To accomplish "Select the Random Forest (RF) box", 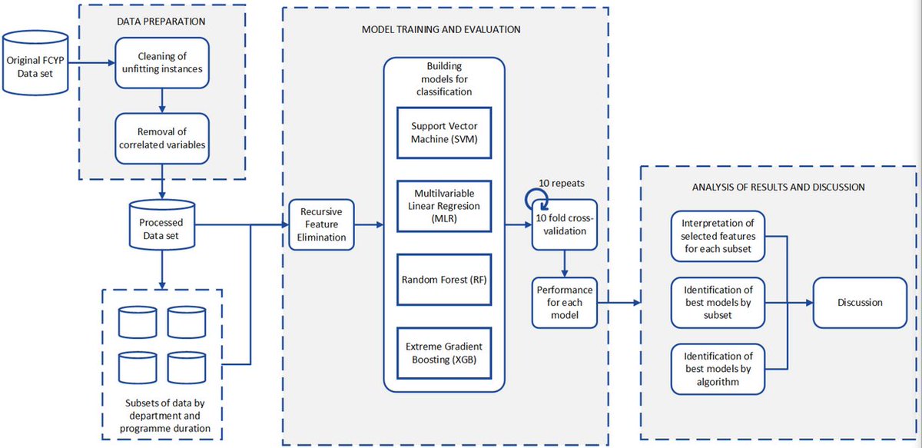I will pyautogui.click(x=443, y=279).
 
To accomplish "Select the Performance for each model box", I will pyautogui.click(x=565, y=302).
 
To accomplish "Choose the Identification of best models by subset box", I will pyautogui.click(x=718, y=302).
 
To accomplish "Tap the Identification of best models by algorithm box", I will pyautogui.click(x=718, y=369).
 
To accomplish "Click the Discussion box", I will pyautogui.click(x=860, y=302).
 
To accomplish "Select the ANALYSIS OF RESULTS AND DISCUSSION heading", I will pyautogui.click(x=778, y=187).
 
